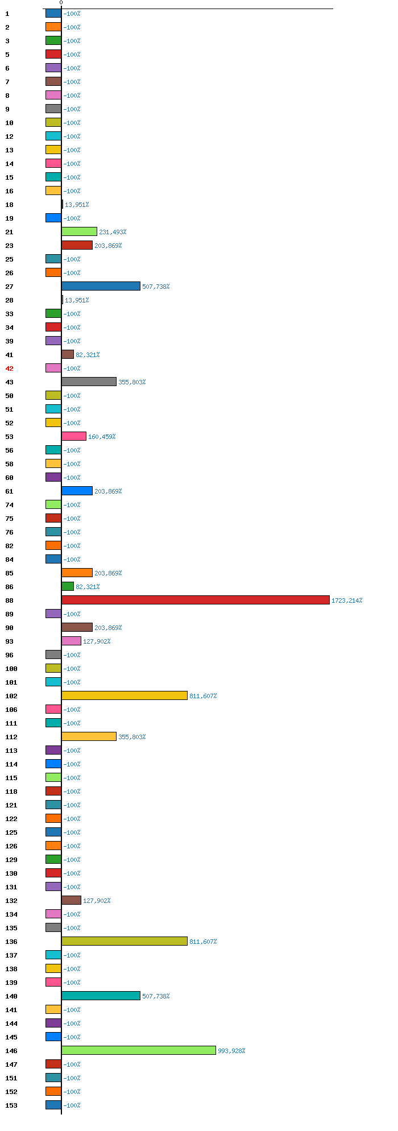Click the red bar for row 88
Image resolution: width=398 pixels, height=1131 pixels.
(195, 600)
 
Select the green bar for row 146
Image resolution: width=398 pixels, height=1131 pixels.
(138, 1050)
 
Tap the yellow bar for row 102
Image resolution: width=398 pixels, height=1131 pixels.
(124, 695)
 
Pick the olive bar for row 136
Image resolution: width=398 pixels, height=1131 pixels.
(124, 941)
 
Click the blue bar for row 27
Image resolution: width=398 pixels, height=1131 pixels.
(101, 286)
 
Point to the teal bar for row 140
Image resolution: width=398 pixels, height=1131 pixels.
(101, 996)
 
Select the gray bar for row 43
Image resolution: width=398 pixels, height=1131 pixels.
(89, 382)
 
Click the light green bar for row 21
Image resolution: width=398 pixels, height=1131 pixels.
(79, 231)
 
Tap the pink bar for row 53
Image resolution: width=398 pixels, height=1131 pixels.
(74, 436)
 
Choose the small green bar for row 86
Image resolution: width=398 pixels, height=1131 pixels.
(68, 586)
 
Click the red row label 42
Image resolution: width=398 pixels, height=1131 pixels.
(9, 368)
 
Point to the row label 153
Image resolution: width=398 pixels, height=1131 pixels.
(11, 1105)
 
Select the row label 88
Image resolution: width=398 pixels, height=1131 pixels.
(9, 600)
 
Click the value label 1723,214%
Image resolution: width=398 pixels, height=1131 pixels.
(347, 600)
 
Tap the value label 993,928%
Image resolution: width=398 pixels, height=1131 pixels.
(231, 1051)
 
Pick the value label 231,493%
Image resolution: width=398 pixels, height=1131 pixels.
(113, 232)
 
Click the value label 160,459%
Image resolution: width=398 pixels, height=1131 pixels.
(102, 437)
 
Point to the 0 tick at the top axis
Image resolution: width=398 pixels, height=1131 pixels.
(61, 3)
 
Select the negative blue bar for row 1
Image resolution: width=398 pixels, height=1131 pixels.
(53, 13)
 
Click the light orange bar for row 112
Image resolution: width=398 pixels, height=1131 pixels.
(89, 736)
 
